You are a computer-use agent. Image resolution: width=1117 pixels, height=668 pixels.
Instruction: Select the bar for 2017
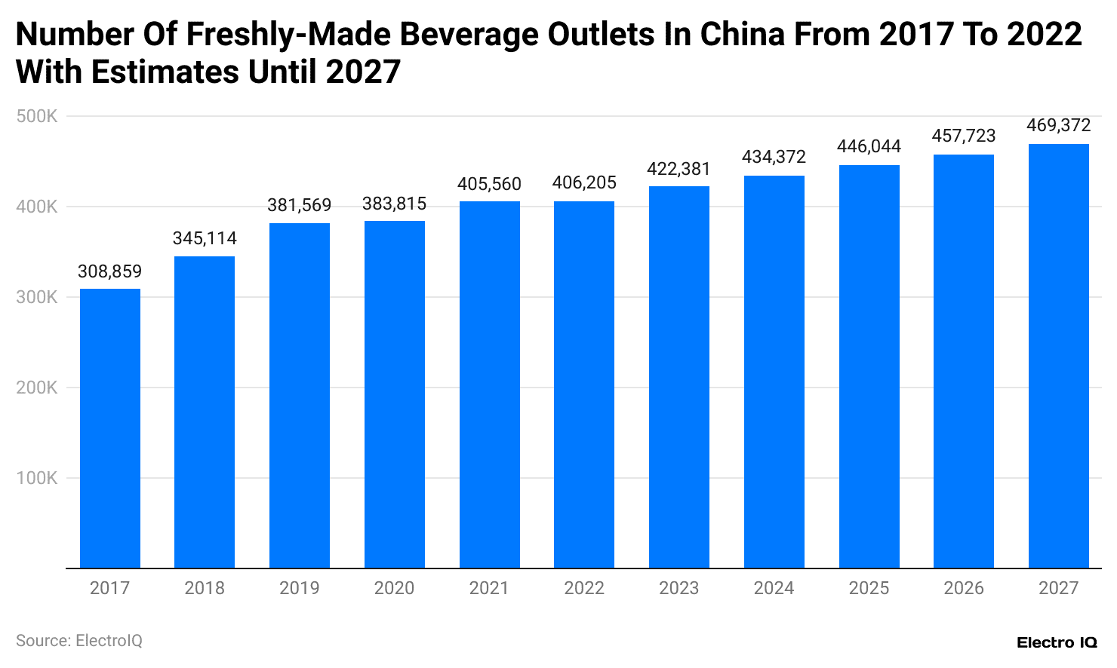[x=110, y=428]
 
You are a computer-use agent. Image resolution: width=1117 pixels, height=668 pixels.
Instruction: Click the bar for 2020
[x=395, y=394]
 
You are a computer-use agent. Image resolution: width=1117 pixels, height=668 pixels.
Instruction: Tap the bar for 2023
[x=679, y=377]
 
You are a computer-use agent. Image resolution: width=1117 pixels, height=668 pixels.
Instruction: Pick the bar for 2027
[x=1059, y=356]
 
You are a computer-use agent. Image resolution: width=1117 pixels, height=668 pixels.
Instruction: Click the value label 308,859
[x=110, y=271]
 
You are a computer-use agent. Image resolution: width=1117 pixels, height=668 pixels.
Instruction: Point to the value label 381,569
[x=300, y=205]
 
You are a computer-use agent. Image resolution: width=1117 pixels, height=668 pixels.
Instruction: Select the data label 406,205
[x=584, y=182]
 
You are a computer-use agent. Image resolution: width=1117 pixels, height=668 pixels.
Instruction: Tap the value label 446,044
[x=869, y=146]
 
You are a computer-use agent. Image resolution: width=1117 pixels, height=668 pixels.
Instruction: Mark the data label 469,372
[x=1059, y=125]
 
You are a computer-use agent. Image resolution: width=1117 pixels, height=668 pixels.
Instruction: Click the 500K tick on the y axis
[x=37, y=117]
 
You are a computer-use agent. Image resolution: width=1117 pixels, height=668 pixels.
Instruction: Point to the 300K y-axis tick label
[x=37, y=298]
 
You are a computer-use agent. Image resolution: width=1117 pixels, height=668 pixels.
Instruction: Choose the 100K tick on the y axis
[x=37, y=478]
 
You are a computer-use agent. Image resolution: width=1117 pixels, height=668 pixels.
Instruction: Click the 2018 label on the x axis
[x=205, y=588]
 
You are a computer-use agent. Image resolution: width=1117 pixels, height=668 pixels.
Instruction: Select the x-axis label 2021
[x=489, y=588]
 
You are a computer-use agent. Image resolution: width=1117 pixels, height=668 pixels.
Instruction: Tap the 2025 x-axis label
[x=869, y=588]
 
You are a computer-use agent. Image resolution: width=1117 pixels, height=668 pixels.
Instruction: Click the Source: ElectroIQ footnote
[x=79, y=641]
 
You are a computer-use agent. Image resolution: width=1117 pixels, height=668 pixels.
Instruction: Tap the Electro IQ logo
[x=1057, y=642]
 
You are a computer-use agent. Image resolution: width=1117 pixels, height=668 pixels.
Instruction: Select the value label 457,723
[x=964, y=136]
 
